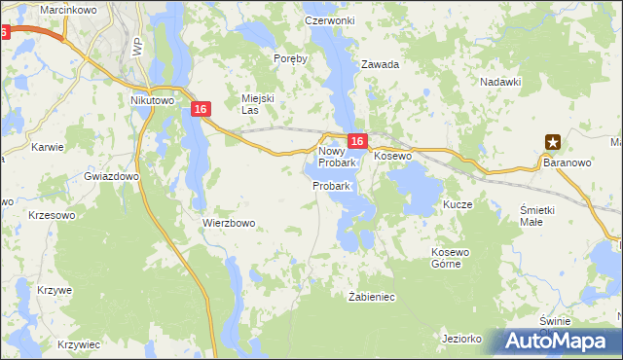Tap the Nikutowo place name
[151, 99]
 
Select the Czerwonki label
[329, 20]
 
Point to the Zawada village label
[381, 65]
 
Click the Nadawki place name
[502, 82]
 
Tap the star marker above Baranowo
[553, 141]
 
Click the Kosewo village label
[393, 156]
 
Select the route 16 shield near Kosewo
[357, 141]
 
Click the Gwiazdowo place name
[112, 177]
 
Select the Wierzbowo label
[229, 223]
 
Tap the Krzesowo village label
[54, 215]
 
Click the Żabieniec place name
[371, 296]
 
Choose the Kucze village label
[458, 205]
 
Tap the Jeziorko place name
[462, 339]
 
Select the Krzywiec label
[79, 344]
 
